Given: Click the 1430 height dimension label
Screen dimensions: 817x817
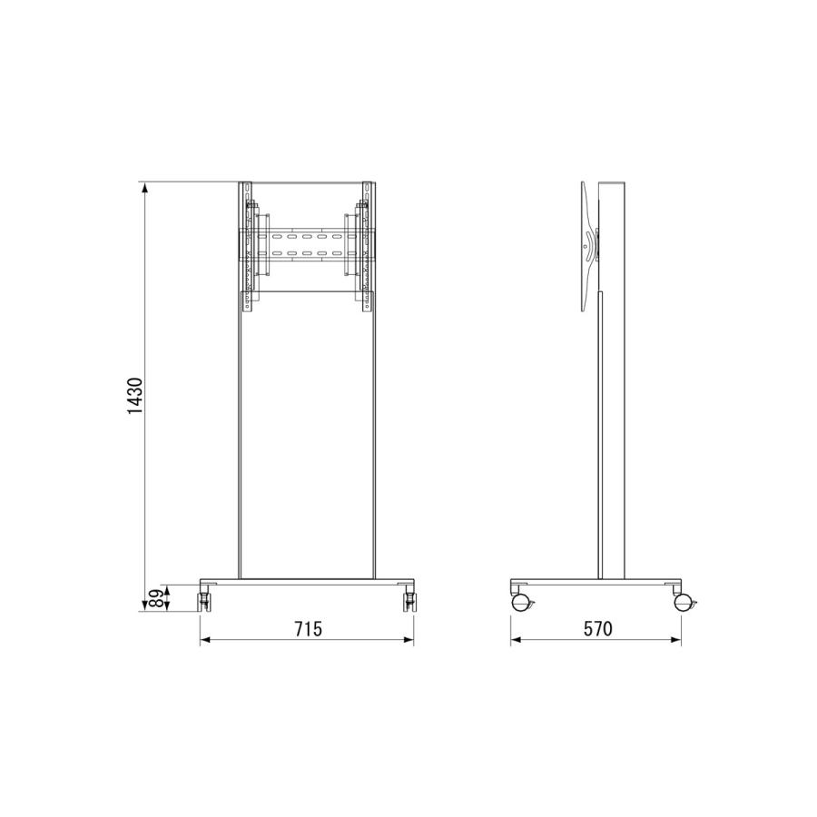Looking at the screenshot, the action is click(x=135, y=396).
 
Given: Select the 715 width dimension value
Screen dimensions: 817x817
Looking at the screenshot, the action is click(x=309, y=629).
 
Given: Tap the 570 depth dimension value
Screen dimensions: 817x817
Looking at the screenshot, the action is click(x=597, y=629).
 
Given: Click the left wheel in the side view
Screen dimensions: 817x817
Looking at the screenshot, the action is click(x=520, y=603).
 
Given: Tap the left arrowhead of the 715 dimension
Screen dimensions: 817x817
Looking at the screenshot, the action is click(x=205, y=639).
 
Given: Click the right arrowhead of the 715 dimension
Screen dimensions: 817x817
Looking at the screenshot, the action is click(x=408, y=639).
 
